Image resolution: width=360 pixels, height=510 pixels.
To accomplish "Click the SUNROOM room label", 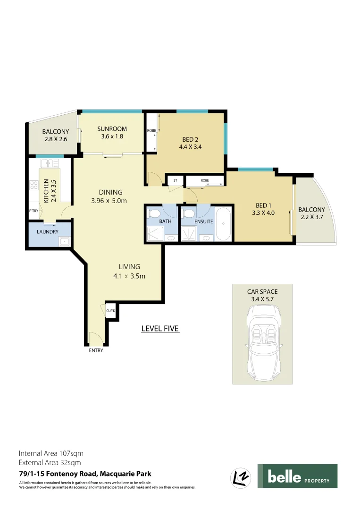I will [x=112, y=129].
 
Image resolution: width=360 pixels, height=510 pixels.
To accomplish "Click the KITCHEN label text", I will [x=46, y=191].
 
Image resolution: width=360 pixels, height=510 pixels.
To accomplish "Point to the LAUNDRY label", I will [x=47, y=232].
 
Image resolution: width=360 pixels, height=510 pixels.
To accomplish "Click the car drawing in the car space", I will [x=262, y=340].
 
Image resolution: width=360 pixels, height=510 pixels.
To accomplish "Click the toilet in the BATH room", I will [x=153, y=213].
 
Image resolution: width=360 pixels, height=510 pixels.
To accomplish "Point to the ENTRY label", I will [x=96, y=350].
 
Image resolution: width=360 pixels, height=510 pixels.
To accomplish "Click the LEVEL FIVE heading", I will [x=160, y=329].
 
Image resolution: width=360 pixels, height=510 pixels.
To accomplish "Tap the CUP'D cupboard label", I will [x=110, y=311].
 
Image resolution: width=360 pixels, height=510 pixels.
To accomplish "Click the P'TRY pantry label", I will [x=33, y=211].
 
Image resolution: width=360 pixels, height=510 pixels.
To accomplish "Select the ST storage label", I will [x=175, y=180].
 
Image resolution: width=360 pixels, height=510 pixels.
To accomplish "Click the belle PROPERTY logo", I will [x=297, y=476].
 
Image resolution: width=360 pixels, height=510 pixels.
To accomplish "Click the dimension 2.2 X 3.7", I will [x=311, y=217].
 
